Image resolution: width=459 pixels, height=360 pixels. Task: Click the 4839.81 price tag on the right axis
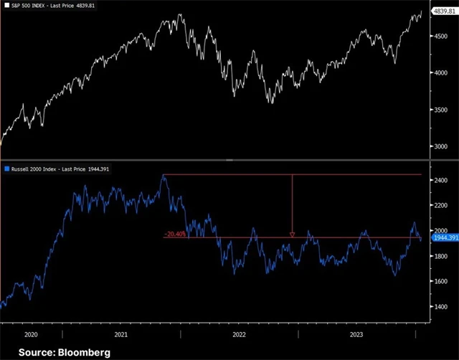click(443, 12)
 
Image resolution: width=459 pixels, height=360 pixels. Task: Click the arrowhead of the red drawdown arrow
click(292, 235)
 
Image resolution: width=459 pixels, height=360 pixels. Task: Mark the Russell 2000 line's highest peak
click(164, 174)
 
